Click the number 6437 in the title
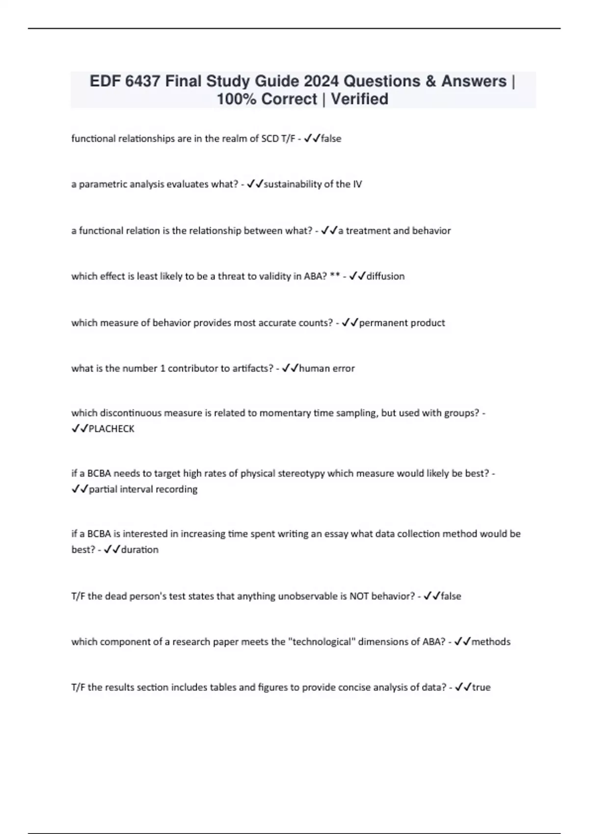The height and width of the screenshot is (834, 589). (x=142, y=81)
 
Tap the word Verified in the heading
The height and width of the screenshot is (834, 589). (x=359, y=99)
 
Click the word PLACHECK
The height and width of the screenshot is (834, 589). (x=111, y=429)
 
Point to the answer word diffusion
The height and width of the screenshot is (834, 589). (x=386, y=276)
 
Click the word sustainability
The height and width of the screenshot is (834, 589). (x=293, y=184)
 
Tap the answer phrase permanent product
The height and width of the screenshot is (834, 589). (x=402, y=323)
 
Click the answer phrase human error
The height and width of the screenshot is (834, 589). (x=326, y=368)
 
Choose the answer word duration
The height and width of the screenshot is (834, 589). (x=140, y=549)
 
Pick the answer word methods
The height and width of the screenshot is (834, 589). (x=491, y=642)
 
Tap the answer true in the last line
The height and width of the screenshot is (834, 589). (x=481, y=687)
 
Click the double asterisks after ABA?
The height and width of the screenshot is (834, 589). (x=335, y=276)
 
